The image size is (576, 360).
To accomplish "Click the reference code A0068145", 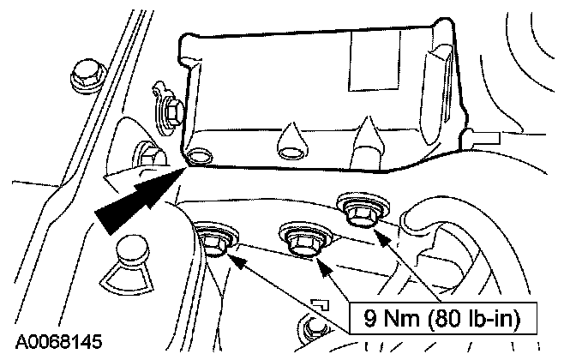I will (57, 342).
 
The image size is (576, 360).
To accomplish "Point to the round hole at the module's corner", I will (202, 157).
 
